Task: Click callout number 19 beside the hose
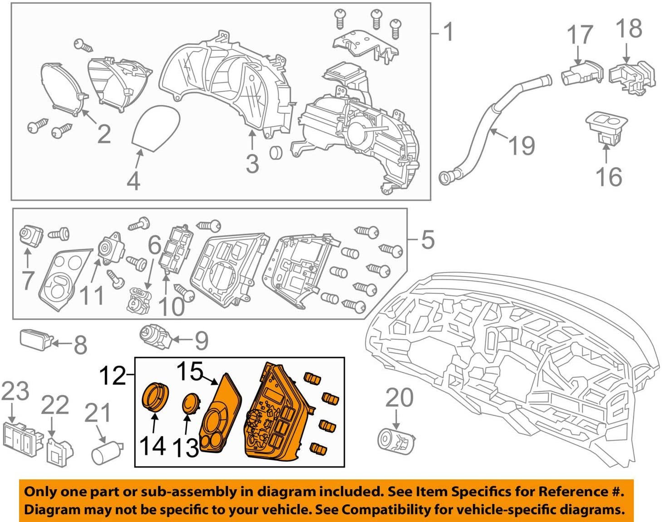(522, 146)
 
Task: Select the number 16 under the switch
(608, 176)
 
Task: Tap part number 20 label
(399, 397)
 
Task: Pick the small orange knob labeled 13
(191, 404)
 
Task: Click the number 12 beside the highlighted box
(112, 376)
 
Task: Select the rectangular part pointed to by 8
(35, 339)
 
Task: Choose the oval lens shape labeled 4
(156, 127)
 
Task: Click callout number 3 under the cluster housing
(253, 163)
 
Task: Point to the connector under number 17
(582, 73)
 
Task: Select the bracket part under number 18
(632, 77)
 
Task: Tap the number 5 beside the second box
(428, 239)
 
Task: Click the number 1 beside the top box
(448, 32)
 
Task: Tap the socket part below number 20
(395, 440)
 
